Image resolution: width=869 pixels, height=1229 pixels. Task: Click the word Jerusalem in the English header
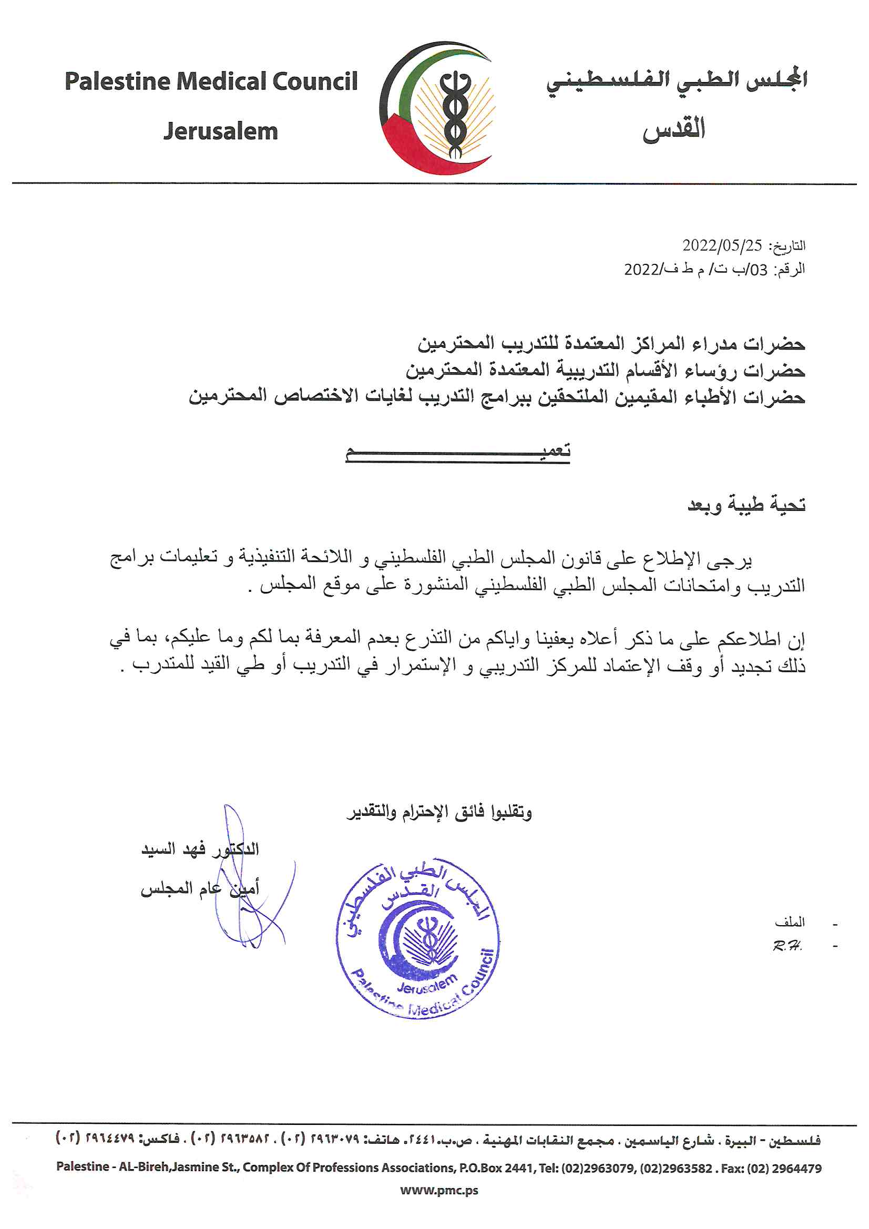[221, 131]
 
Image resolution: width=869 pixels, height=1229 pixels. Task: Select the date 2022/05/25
[721, 245]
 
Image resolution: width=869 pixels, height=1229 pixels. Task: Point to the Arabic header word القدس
[674, 129]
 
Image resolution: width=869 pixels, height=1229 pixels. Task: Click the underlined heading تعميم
[458, 452]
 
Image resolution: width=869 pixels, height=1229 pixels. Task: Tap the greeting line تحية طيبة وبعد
[747, 505]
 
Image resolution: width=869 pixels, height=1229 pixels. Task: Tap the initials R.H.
[787, 946]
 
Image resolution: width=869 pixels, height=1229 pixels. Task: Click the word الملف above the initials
[790, 923]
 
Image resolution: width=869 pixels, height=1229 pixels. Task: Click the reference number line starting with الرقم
[714, 269]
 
